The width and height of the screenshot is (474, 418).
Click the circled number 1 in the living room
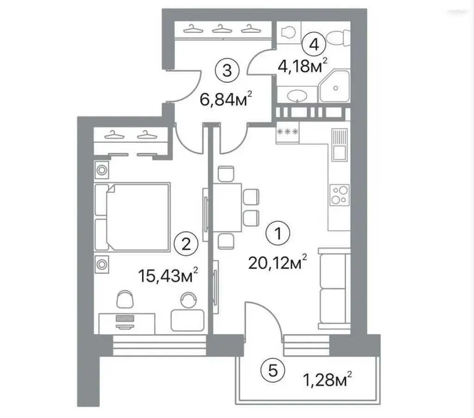(278, 234)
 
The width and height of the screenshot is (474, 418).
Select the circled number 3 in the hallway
(227, 71)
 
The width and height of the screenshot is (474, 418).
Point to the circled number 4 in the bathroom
(314, 45)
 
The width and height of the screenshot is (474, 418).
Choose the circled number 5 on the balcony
(273, 370)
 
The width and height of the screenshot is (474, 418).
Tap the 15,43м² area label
(168, 275)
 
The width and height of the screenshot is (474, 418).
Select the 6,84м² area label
(226, 99)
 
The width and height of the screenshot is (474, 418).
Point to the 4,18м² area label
(303, 66)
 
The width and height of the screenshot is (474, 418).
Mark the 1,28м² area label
(327, 380)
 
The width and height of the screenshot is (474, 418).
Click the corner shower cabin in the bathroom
(335, 86)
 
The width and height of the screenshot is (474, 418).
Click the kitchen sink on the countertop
(339, 145)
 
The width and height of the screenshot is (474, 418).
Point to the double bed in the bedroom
(132, 217)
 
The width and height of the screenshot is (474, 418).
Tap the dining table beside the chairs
(227, 208)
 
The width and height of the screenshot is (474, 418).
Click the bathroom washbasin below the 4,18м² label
(298, 96)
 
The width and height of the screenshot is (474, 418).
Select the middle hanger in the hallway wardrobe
(222, 29)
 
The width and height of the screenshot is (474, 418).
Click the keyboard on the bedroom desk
(125, 318)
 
